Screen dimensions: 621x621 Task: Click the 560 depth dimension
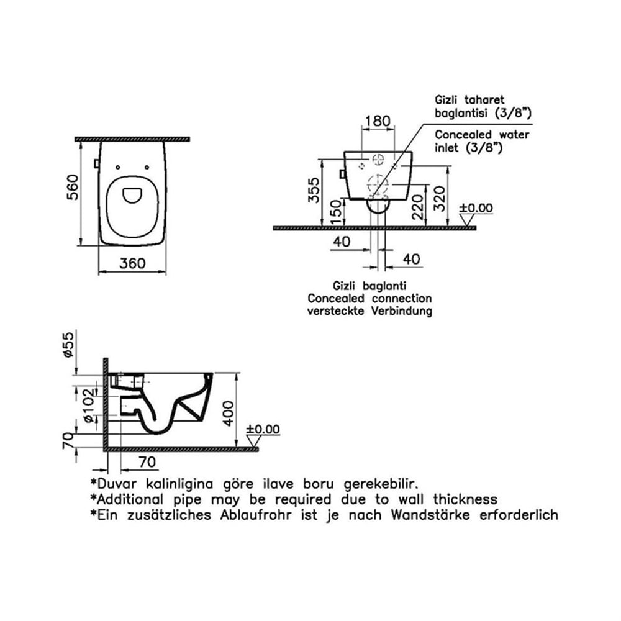point(73,188)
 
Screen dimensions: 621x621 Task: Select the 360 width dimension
point(133,263)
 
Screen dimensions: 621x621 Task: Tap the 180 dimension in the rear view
point(378,121)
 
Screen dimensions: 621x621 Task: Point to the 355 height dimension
point(314,190)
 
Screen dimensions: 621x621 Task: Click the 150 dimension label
point(335,212)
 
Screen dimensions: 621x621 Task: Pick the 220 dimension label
point(418,207)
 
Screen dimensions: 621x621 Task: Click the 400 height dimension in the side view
point(228,413)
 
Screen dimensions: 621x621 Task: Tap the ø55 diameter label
point(68,345)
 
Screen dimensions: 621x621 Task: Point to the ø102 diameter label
point(89,405)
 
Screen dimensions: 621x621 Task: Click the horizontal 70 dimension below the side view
point(147,462)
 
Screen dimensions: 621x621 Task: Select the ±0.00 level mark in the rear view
point(476,208)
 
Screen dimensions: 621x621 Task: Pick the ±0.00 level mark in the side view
point(263,429)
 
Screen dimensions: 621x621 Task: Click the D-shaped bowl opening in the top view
point(133,195)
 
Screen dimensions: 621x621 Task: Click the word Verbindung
point(402,311)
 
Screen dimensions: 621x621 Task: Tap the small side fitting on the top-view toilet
point(96,163)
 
